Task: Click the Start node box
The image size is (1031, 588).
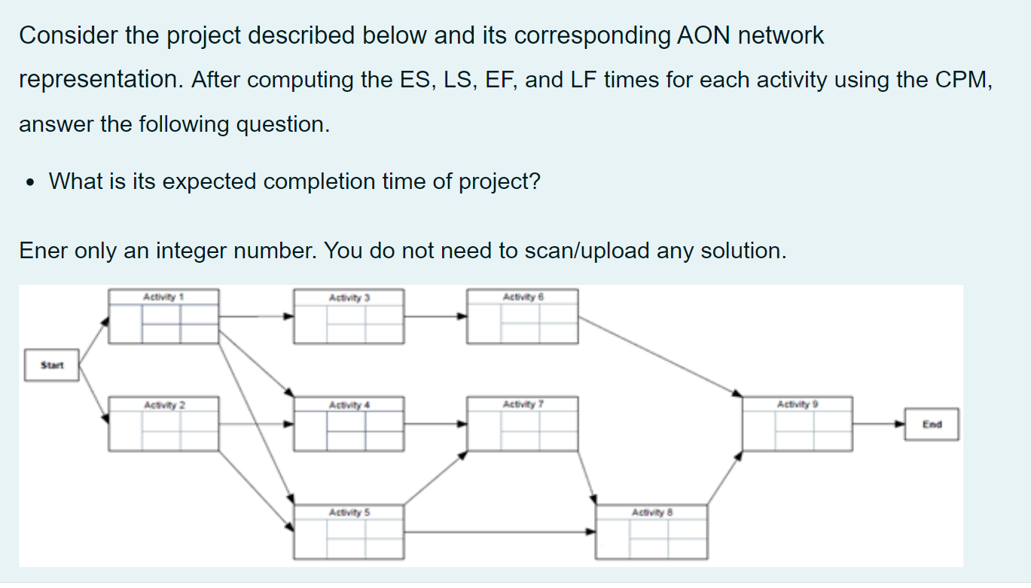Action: click(52, 365)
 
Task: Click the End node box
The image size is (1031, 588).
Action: click(932, 424)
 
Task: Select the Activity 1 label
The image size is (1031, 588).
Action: click(164, 297)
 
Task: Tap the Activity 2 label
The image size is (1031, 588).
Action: click(164, 405)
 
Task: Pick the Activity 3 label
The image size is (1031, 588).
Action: click(349, 297)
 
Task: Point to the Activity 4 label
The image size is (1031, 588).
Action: click(349, 405)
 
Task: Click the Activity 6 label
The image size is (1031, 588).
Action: click(523, 297)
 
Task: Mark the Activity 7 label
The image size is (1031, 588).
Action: click(523, 405)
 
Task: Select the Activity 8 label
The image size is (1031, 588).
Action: click(652, 513)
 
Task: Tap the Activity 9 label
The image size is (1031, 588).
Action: click(798, 405)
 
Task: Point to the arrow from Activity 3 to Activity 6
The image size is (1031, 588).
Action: click(435, 316)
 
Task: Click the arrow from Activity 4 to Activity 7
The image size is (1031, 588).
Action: click(435, 423)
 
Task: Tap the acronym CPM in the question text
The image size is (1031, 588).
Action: click(959, 80)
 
